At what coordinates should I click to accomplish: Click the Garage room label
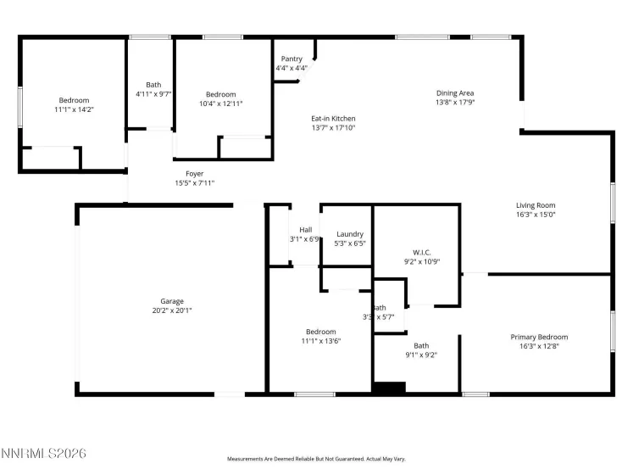172,301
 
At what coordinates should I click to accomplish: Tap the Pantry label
292,59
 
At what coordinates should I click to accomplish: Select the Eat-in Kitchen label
333,119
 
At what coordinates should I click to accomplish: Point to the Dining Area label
455,93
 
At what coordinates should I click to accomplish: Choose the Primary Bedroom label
539,337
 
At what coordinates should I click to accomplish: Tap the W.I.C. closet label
422,253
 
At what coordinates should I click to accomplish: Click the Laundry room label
350,234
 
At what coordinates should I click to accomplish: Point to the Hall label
305,229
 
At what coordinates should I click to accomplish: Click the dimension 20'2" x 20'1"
172,310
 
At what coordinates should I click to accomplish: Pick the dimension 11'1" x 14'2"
74,109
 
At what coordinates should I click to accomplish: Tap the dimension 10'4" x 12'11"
221,103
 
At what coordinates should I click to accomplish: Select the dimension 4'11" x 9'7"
153,94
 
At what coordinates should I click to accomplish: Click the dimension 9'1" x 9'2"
421,355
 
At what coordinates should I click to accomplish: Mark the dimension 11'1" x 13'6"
321,341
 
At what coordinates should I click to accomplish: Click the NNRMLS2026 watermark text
44,454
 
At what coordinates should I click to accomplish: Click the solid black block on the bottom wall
390,388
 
